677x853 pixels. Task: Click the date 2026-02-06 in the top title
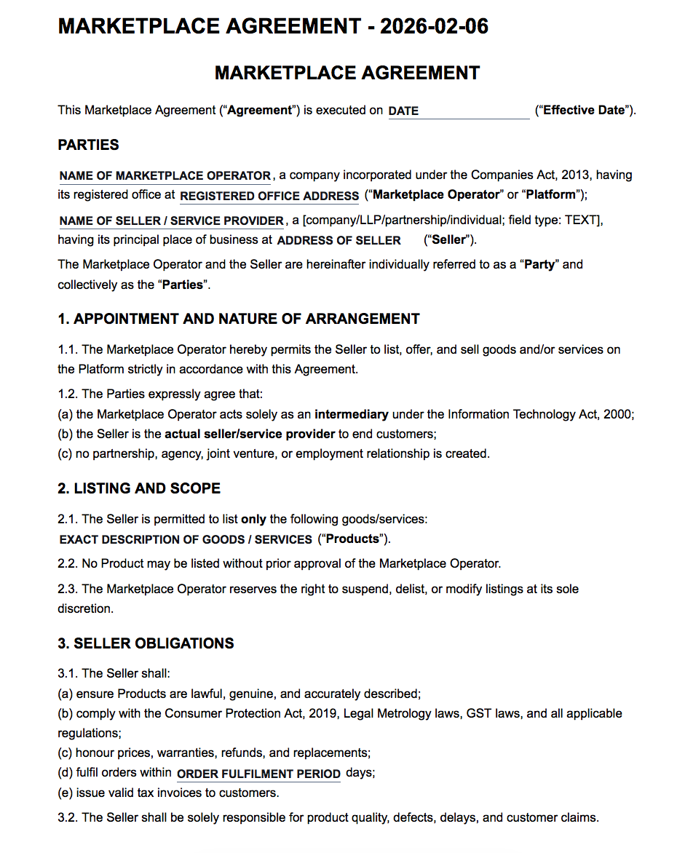(434, 26)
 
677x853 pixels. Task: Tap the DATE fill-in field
(458, 111)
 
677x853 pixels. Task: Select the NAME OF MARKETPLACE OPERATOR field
(165, 176)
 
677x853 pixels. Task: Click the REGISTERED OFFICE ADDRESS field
(269, 197)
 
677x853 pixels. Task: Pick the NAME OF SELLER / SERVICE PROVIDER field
(172, 221)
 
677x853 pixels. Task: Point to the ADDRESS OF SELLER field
(339, 241)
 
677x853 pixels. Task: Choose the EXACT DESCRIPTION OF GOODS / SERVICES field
(186, 540)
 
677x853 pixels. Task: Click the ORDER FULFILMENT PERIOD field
(258, 774)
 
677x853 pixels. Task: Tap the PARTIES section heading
(88, 145)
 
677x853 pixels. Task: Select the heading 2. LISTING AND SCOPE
(139, 488)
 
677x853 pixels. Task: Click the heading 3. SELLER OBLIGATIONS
(146, 643)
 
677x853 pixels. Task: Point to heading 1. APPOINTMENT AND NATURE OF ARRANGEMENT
(239, 319)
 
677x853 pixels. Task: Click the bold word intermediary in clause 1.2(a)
(351, 415)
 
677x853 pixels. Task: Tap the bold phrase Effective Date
(584, 111)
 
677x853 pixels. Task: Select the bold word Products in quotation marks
(352, 539)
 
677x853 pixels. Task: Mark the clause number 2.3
(68, 589)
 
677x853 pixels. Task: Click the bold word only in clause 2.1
(253, 520)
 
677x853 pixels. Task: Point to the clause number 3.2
(68, 818)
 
